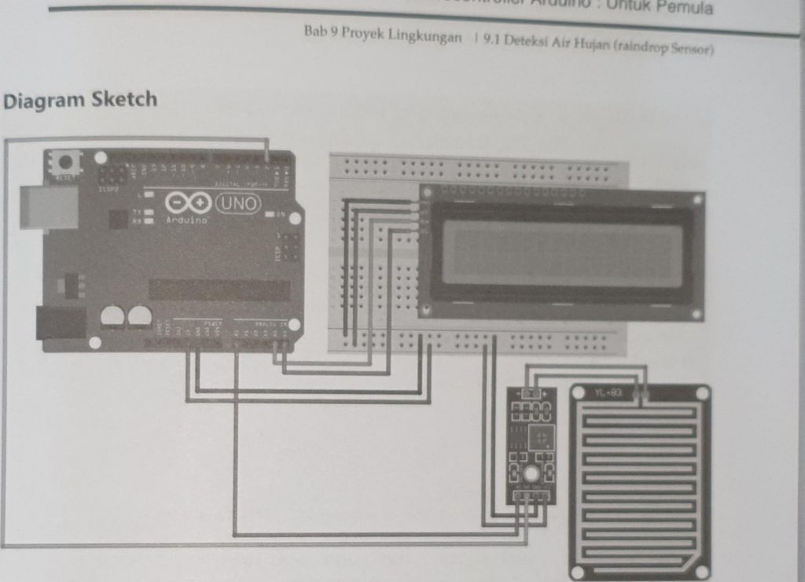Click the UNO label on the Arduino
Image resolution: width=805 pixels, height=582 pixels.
[x=237, y=203]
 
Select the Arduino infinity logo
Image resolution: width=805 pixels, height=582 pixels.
[x=187, y=204]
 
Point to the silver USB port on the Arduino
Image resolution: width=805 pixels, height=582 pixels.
[x=48, y=207]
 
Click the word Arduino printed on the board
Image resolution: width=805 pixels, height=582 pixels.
[x=186, y=221]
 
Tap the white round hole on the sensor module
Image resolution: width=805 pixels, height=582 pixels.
[x=531, y=473]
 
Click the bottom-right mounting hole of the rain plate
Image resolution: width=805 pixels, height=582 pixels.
[x=701, y=572]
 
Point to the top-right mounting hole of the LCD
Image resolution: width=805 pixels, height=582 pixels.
[x=696, y=200]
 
